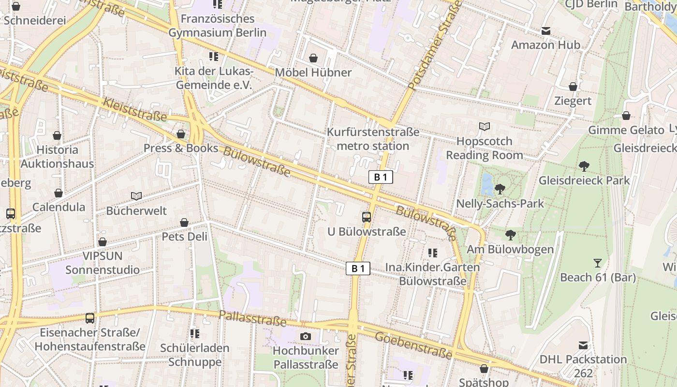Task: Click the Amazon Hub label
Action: tap(545, 45)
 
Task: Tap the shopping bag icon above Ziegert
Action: tap(573, 87)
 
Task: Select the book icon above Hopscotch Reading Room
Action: tap(485, 127)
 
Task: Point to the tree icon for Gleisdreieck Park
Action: tap(584, 166)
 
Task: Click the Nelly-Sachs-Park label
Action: tap(500, 204)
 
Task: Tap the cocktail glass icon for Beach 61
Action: tap(598, 263)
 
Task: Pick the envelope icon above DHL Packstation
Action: tap(583, 345)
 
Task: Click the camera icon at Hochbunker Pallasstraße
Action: tap(305, 336)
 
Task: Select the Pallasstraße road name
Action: tap(252, 318)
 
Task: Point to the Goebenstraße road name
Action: tap(413, 345)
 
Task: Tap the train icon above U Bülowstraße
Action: tap(367, 217)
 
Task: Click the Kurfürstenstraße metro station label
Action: tap(373, 139)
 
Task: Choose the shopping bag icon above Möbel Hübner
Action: tap(313, 58)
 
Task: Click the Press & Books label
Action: tap(181, 148)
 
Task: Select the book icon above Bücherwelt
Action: tap(136, 196)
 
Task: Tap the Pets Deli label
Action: tap(184, 237)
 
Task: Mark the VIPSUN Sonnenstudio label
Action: tap(103, 263)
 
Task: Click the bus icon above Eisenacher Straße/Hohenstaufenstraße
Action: tap(90, 318)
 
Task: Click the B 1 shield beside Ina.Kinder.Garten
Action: tap(358, 268)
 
